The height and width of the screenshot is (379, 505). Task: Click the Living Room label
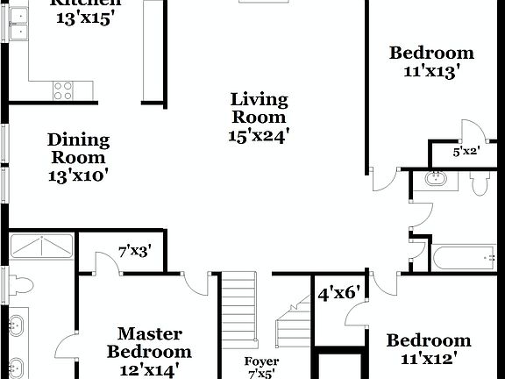pyautogui.click(x=259, y=108)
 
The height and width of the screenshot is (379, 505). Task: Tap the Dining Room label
pyautogui.click(x=79, y=148)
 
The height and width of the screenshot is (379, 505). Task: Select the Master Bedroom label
pyautogui.click(x=149, y=342)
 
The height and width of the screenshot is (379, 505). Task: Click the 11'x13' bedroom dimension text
pyautogui.click(x=431, y=73)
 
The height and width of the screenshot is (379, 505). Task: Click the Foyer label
pyautogui.click(x=261, y=361)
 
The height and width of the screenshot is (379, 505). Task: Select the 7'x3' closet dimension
pyautogui.click(x=135, y=252)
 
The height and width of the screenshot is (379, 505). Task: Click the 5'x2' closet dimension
pyautogui.click(x=466, y=151)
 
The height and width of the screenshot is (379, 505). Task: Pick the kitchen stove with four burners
pyautogui.click(x=62, y=89)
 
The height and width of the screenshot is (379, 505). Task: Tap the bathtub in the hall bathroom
pyautogui.click(x=464, y=259)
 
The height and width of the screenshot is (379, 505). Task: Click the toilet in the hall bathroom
pyautogui.click(x=479, y=183)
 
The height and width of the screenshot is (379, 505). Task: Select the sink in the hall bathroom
pyautogui.click(x=436, y=180)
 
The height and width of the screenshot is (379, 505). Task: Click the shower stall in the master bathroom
pyautogui.click(x=42, y=246)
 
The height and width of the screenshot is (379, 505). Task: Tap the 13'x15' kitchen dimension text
pyautogui.click(x=85, y=18)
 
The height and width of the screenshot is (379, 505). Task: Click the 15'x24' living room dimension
pyautogui.click(x=259, y=135)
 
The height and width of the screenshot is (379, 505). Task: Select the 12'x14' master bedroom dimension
pyautogui.click(x=149, y=370)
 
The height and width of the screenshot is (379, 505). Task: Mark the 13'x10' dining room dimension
pyautogui.click(x=79, y=175)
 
